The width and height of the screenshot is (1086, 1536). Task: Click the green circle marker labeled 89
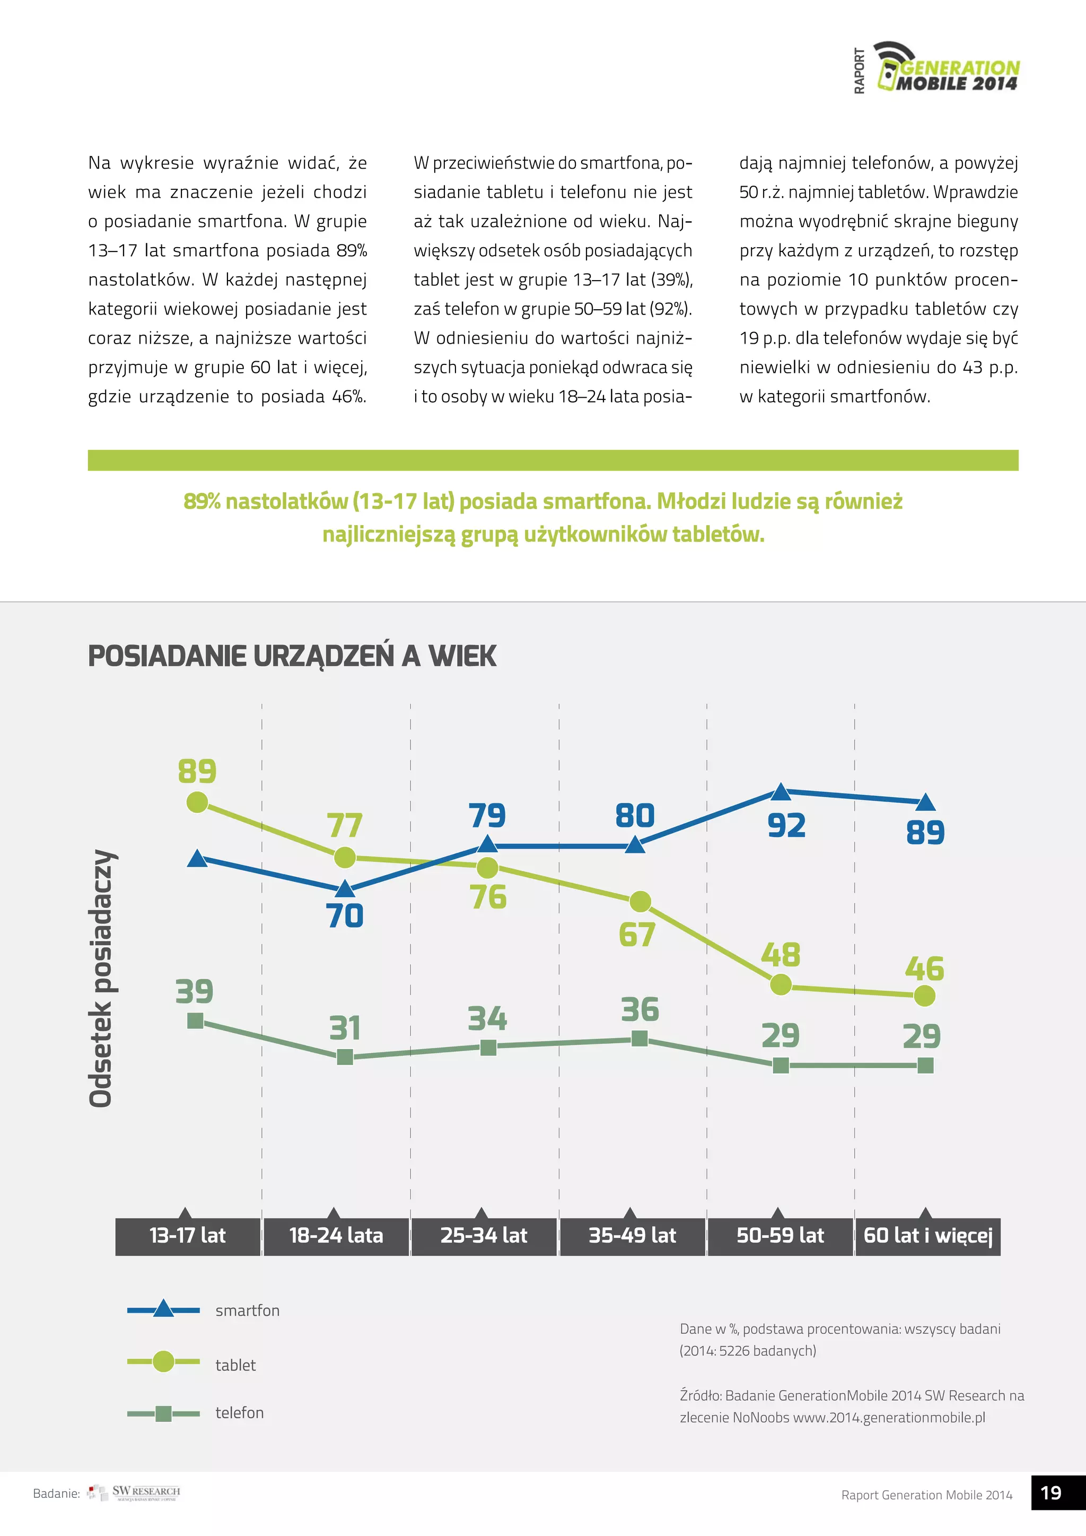pos(197,801)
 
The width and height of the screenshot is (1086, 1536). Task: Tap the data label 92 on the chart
pos(786,825)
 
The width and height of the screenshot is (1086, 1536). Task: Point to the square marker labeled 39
pos(195,1021)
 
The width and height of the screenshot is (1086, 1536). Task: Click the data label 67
pos(637,935)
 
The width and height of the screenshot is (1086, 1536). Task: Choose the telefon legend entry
pos(239,1413)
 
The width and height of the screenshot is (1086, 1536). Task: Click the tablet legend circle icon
pos(163,1362)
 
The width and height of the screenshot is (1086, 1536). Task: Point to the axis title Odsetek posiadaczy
pos(102,978)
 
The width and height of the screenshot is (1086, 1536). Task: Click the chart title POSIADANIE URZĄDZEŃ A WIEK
pos(292,656)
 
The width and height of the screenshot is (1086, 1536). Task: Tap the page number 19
pos(1050,1493)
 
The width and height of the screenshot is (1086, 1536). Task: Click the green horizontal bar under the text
pos(553,460)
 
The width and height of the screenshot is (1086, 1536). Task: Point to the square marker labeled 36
pos(640,1038)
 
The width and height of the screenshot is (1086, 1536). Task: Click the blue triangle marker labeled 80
pos(635,845)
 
